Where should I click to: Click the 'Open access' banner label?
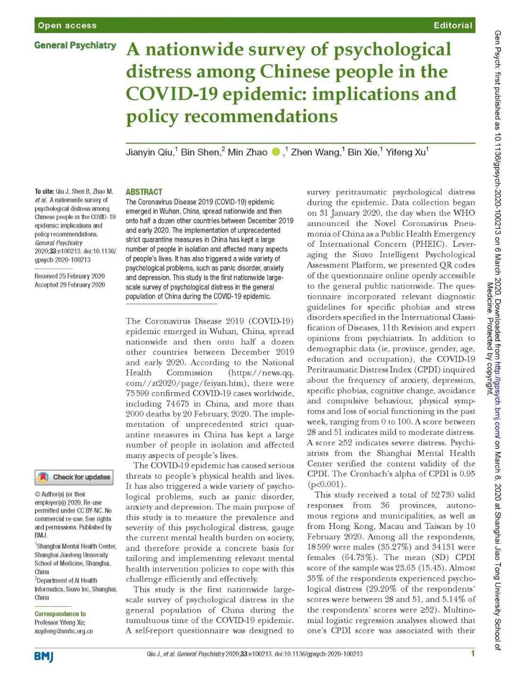[67, 26]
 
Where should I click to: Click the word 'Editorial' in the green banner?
[453, 26]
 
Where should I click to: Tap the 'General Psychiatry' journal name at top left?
[75, 45]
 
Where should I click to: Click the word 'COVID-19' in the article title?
[171, 94]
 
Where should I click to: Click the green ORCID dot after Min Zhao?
[276, 152]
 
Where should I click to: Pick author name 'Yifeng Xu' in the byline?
[405, 152]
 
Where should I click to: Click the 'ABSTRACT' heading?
[144, 192]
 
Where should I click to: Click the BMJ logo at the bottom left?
[44, 656]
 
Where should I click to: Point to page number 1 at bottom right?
[472, 654]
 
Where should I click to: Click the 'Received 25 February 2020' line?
[69, 276]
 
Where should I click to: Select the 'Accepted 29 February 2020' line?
[69, 284]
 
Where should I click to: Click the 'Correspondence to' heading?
[60, 614]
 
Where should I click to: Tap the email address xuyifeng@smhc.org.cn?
[63, 631]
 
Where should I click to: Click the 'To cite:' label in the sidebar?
[44, 191]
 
